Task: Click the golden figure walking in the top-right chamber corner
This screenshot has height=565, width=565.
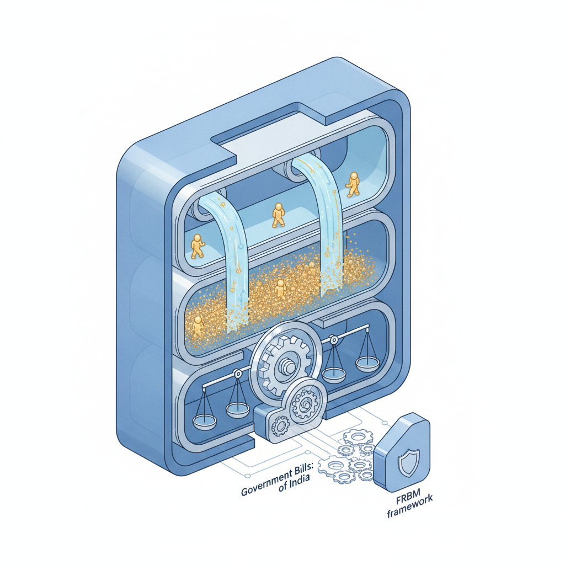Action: click(x=353, y=184)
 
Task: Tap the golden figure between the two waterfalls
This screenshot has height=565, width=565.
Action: click(x=278, y=215)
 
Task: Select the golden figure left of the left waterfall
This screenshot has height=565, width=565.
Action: click(x=197, y=246)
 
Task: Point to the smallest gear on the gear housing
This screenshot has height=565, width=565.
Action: click(x=280, y=426)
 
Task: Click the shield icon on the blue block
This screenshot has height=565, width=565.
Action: click(x=408, y=462)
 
